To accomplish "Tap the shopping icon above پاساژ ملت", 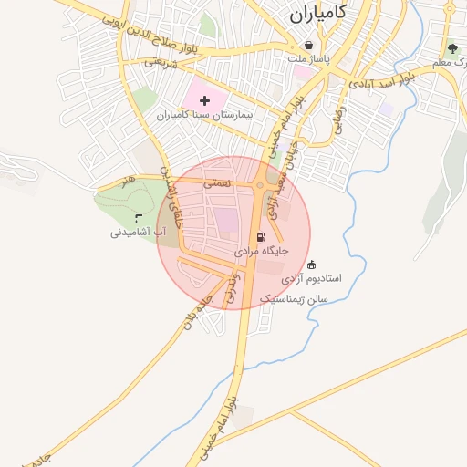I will coord(308,45).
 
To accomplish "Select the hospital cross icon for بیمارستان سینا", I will coord(203,99).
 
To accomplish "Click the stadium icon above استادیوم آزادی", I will coord(312,264).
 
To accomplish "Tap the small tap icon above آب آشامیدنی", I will coord(138,217).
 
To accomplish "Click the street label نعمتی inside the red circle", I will coord(217,183).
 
